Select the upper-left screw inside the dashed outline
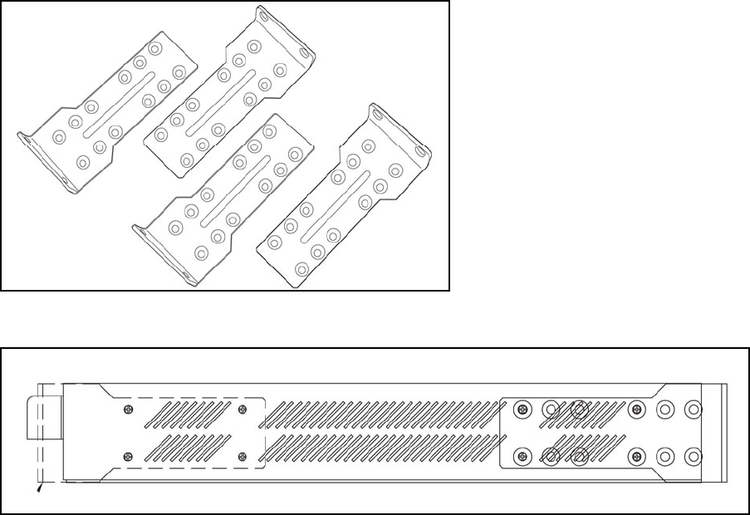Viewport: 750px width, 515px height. pyautogui.click(x=127, y=409)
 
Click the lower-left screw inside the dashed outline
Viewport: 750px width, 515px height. pyautogui.click(x=127, y=454)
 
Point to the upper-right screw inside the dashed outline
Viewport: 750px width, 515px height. pyautogui.click(x=243, y=409)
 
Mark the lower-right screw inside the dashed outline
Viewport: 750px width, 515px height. pyautogui.click(x=243, y=454)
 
